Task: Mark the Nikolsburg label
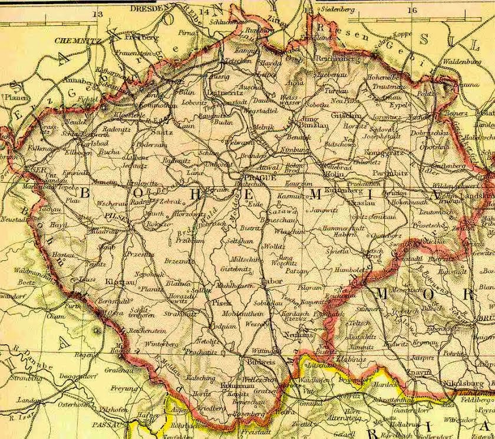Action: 469,384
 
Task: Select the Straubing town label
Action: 25,378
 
